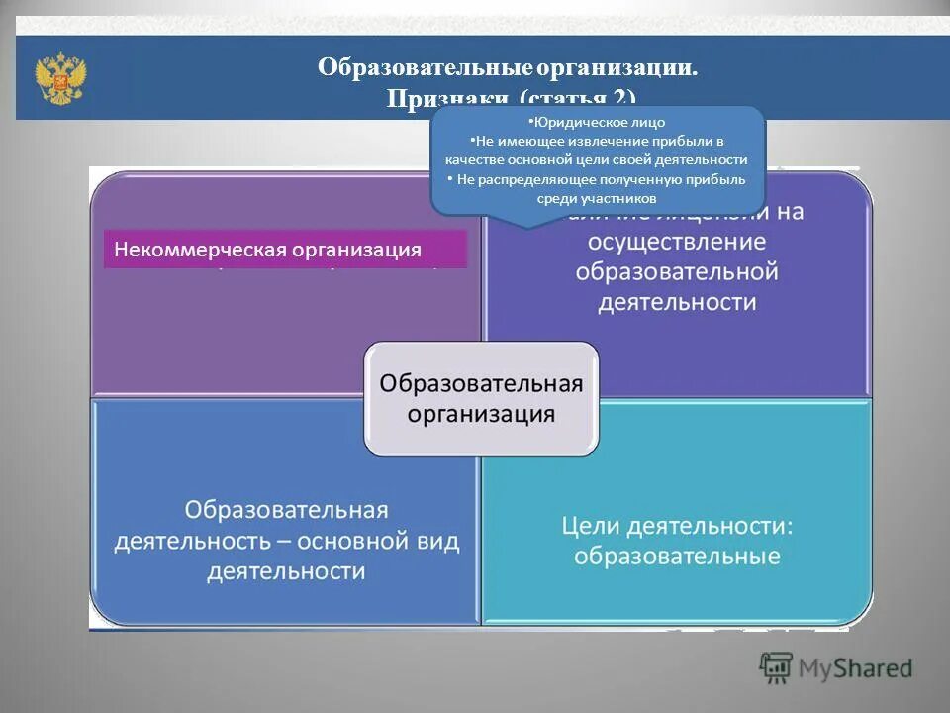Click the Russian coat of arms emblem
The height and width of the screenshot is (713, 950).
click(60, 79)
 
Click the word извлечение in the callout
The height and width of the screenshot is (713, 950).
click(589, 141)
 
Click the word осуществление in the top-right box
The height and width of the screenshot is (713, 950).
click(677, 242)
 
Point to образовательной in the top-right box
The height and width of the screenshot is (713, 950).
click(677, 271)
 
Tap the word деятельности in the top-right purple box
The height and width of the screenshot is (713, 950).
click(677, 301)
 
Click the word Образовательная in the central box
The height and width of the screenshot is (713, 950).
click(481, 382)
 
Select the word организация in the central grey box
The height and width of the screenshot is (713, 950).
click(481, 413)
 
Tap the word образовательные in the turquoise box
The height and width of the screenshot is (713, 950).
click(677, 556)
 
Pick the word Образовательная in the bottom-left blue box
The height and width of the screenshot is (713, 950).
click(286, 510)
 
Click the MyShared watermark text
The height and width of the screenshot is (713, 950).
click(856, 668)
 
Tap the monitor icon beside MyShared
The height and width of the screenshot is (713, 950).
click(777, 668)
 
